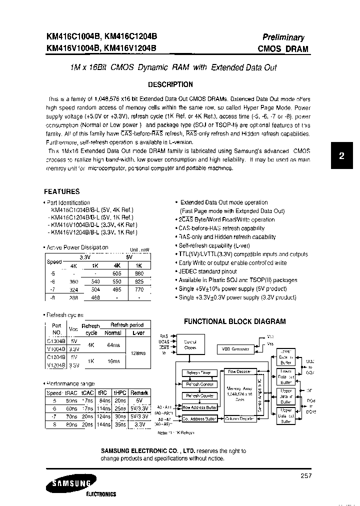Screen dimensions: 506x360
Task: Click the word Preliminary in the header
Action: (283, 37)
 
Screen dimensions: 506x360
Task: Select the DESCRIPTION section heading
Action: (170, 84)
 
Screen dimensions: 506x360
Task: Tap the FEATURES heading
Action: (61, 191)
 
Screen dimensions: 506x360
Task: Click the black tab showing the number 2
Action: (341, 155)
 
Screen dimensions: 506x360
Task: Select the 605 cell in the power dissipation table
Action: (117, 274)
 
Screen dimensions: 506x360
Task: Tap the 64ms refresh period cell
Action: (113, 344)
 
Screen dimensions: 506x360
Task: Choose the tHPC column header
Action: (119, 393)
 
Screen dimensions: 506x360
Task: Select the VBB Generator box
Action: (235, 348)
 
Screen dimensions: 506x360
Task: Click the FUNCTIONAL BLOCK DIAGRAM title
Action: (234, 321)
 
